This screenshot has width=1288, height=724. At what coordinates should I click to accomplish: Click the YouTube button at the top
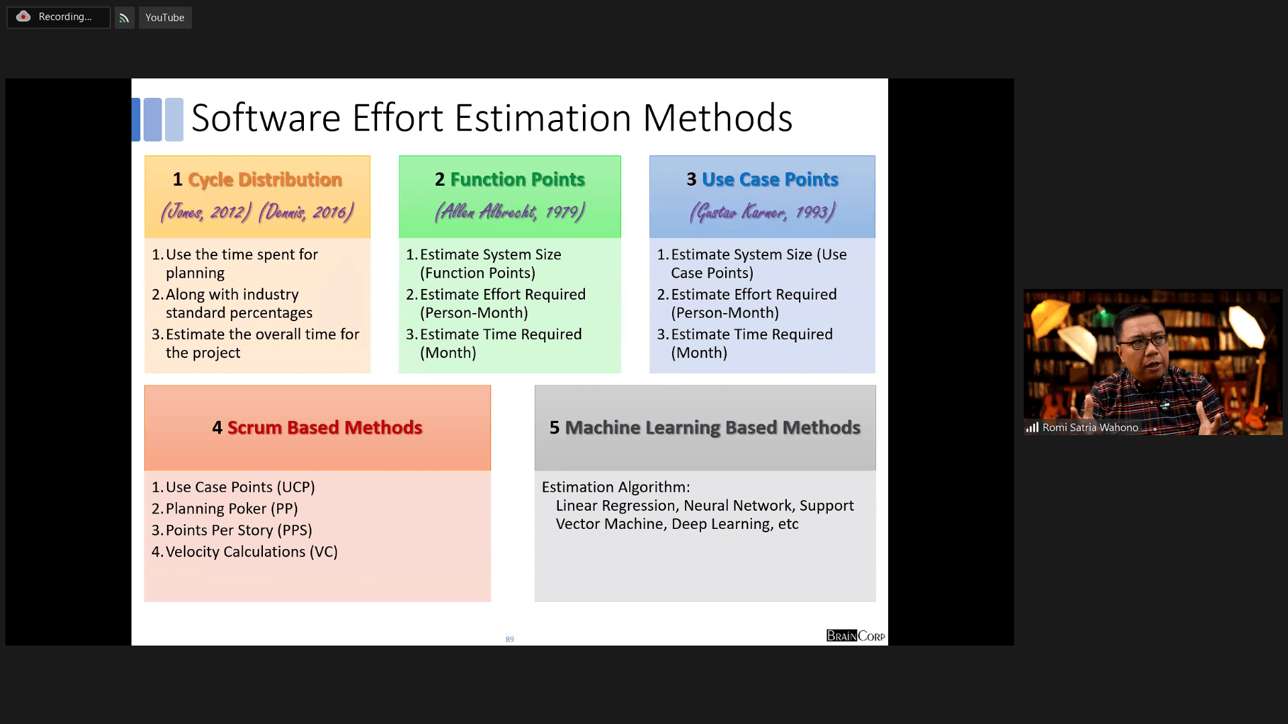pyautogui.click(x=165, y=17)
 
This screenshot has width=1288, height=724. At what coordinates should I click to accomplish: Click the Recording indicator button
pyautogui.click(x=58, y=17)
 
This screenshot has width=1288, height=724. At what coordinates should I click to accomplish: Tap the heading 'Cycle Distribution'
pyautogui.click(x=265, y=180)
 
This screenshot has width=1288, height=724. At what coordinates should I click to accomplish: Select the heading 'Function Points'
pyautogui.click(x=517, y=180)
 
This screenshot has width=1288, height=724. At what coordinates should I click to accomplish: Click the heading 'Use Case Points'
pyautogui.click(x=770, y=180)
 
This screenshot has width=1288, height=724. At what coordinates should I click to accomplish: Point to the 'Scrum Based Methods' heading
pyautogui.click(x=325, y=428)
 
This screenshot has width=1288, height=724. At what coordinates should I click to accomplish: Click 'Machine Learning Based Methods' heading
pyautogui.click(x=712, y=428)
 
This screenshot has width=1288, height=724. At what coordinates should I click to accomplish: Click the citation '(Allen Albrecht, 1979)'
pyautogui.click(x=510, y=212)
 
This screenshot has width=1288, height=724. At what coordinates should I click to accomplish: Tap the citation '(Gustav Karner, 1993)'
pyautogui.click(x=763, y=212)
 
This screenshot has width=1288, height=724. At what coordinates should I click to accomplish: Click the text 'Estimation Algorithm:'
pyautogui.click(x=616, y=487)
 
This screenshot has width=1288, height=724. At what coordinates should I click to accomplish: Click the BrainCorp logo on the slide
pyautogui.click(x=856, y=636)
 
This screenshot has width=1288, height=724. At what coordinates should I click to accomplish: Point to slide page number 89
pyautogui.click(x=510, y=640)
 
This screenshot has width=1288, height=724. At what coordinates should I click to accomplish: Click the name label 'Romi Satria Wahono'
pyautogui.click(x=1090, y=428)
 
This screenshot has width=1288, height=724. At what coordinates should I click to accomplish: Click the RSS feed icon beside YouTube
pyautogui.click(x=124, y=18)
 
